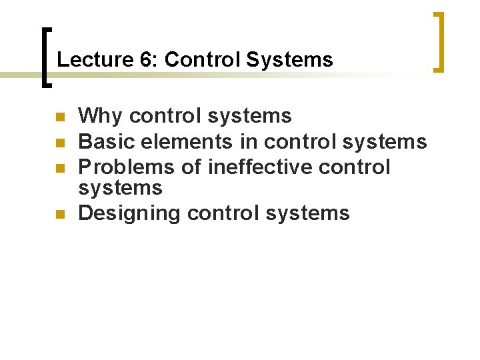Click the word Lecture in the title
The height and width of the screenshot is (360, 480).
pyautogui.click(x=95, y=60)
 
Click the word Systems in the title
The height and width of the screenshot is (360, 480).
pyautogui.click(x=289, y=60)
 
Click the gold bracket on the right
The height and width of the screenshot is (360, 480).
pyautogui.click(x=439, y=41)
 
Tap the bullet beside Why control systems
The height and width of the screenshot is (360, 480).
pyautogui.click(x=59, y=117)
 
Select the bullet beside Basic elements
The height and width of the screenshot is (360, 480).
pyautogui.click(x=59, y=142)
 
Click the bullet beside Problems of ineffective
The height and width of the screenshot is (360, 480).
pyautogui.click(x=59, y=166)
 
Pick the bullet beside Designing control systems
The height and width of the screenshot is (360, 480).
pyautogui.click(x=59, y=215)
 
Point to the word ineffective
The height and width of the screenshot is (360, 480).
pyautogui.click(x=260, y=166)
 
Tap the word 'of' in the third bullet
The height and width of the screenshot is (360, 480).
pyautogui.click(x=192, y=166)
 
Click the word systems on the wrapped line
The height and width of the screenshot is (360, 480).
pyautogui.click(x=120, y=188)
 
